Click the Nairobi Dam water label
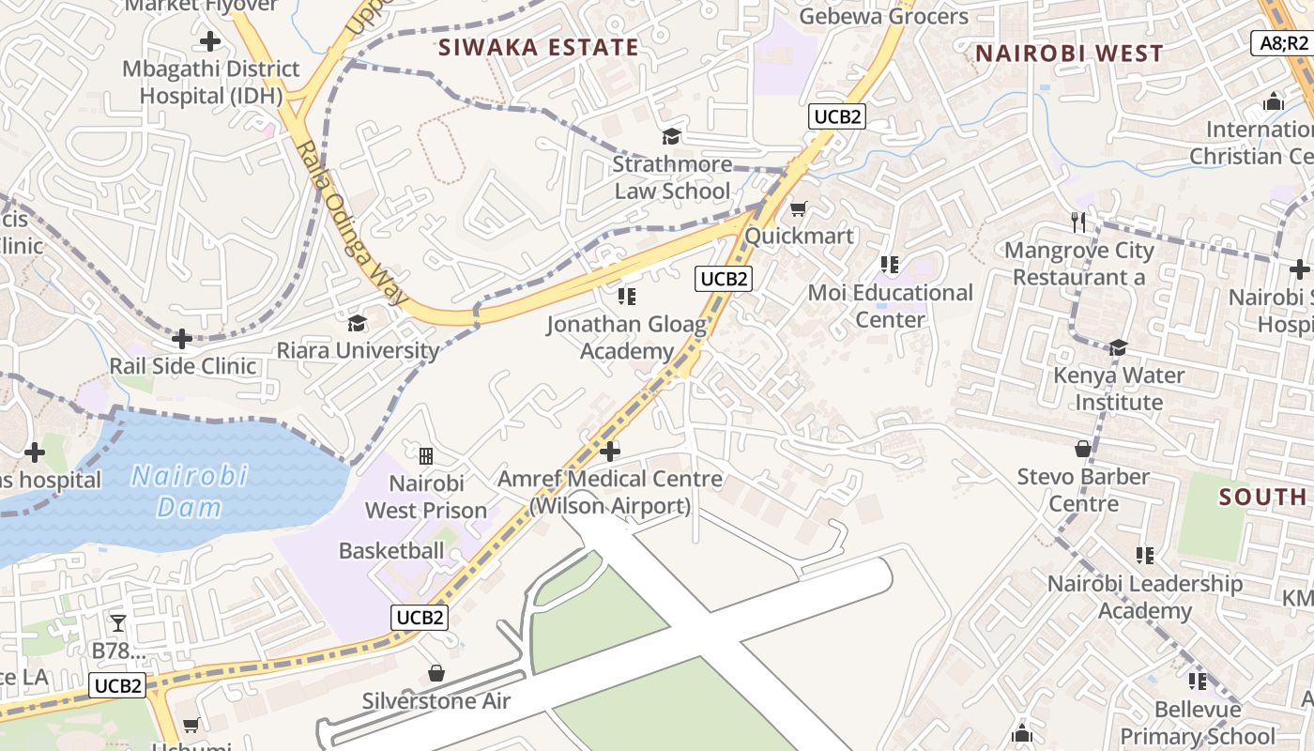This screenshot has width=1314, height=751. (189, 491)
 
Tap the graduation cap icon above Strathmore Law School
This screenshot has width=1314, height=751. (671, 137)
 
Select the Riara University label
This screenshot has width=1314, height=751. (358, 350)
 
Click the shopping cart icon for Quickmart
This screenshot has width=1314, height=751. (798, 208)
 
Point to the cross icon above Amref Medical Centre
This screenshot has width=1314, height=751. (610, 452)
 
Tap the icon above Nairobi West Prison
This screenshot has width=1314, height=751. (426, 456)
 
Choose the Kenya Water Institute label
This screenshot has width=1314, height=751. (1118, 389)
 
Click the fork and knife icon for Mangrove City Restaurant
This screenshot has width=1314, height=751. (1078, 222)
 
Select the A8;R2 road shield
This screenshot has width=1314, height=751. (1283, 42)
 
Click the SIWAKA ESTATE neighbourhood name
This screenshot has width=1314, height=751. (539, 48)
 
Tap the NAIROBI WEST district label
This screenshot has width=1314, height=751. (1069, 54)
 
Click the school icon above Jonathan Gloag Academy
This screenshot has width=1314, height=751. (627, 298)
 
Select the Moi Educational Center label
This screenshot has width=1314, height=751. (891, 306)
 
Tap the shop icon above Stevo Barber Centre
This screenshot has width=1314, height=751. (1083, 449)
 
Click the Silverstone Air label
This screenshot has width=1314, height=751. (436, 701)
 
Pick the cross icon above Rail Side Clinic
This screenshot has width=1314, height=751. (182, 338)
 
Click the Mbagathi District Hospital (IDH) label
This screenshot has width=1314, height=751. (211, 82)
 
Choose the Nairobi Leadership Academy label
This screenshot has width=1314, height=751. (1144, 597)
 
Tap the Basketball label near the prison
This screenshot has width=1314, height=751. (391, 550)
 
